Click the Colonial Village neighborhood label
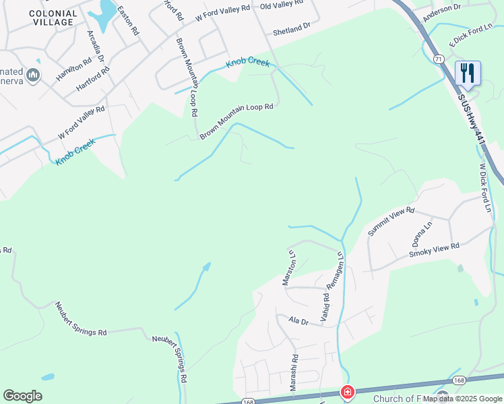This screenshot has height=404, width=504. pyautogui.click(x=52, y=18)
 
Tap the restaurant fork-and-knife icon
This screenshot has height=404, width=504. pyautogui.click(x=467, y=72)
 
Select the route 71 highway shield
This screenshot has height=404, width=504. pyautogui.click(x=439, y=60)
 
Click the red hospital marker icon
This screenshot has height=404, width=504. pyautogui.click(x=348, y=392)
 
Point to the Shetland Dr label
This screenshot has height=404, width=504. pyautogui.click(x=291, y=28)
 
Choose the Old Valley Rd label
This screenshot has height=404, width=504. pyautogui.click(x=282, y=5)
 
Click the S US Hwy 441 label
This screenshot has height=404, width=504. pyautogui.click(x=471, y=118)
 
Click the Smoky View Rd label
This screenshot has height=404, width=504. pyautogui.click(x=434, y=250)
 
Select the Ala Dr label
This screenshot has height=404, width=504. pyautogui.click(x=298, y=322)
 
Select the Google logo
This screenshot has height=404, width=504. pyautogui.click(x=22, y=396)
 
